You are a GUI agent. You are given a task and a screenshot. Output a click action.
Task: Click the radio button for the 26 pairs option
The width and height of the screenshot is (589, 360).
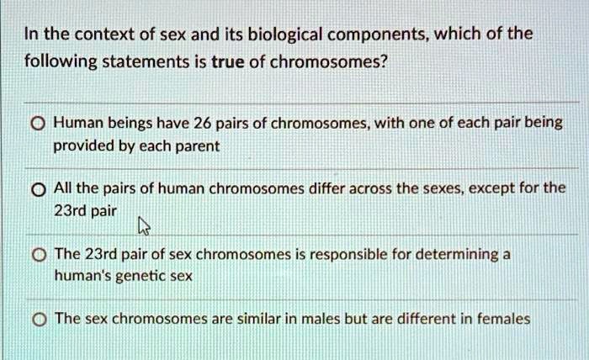[x=38, y=124]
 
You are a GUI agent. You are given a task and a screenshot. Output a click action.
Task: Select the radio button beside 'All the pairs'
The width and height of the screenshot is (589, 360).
[x=39, y=190]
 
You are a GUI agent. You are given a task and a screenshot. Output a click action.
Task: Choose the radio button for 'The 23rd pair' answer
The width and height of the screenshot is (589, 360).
[x=39, y=255]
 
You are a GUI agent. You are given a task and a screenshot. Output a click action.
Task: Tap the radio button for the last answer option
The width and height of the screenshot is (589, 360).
[x=40, y=320]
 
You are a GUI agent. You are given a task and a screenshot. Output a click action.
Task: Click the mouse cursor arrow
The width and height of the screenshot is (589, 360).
[x=144, y=225]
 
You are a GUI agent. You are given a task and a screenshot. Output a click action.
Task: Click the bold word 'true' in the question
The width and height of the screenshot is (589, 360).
[x=228, y=61]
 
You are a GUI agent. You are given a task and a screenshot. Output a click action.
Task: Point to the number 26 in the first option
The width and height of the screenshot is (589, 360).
[x=203, y=123]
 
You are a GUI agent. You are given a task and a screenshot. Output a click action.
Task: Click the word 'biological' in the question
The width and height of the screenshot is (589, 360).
[x=285, y=35]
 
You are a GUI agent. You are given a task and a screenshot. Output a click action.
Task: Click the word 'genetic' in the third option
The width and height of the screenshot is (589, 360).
[x=141, y=277]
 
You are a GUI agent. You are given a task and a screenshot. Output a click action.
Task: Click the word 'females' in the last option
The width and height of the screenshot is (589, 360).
[x=503, y=319]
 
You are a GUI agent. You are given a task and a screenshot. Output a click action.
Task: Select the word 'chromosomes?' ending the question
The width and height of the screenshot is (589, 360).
[x=328, y=62]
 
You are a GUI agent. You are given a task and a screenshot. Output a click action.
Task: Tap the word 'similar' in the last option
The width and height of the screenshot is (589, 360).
[x=259, y=319]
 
